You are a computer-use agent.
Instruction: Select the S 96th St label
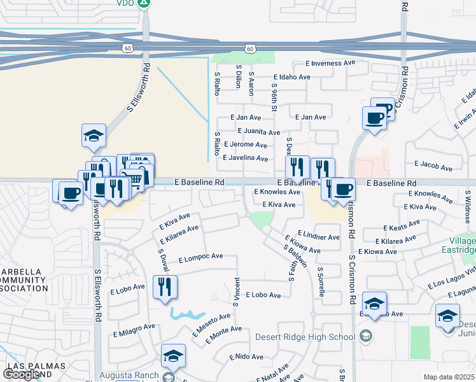(x=274, y=97)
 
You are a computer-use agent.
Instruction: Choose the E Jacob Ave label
(x=433, y=166)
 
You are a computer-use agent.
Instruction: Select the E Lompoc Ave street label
(x=200, y=257)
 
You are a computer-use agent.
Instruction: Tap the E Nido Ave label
(x=248, y=357)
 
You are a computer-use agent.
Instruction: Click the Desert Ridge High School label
(x=305, y=337)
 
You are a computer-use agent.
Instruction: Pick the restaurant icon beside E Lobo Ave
(x=165, y=286)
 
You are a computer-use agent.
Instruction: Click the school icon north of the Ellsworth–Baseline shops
(x=94, y=136)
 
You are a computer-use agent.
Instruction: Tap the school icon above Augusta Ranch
(x=173, y=357)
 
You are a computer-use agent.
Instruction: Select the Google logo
(x=21, y=374)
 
